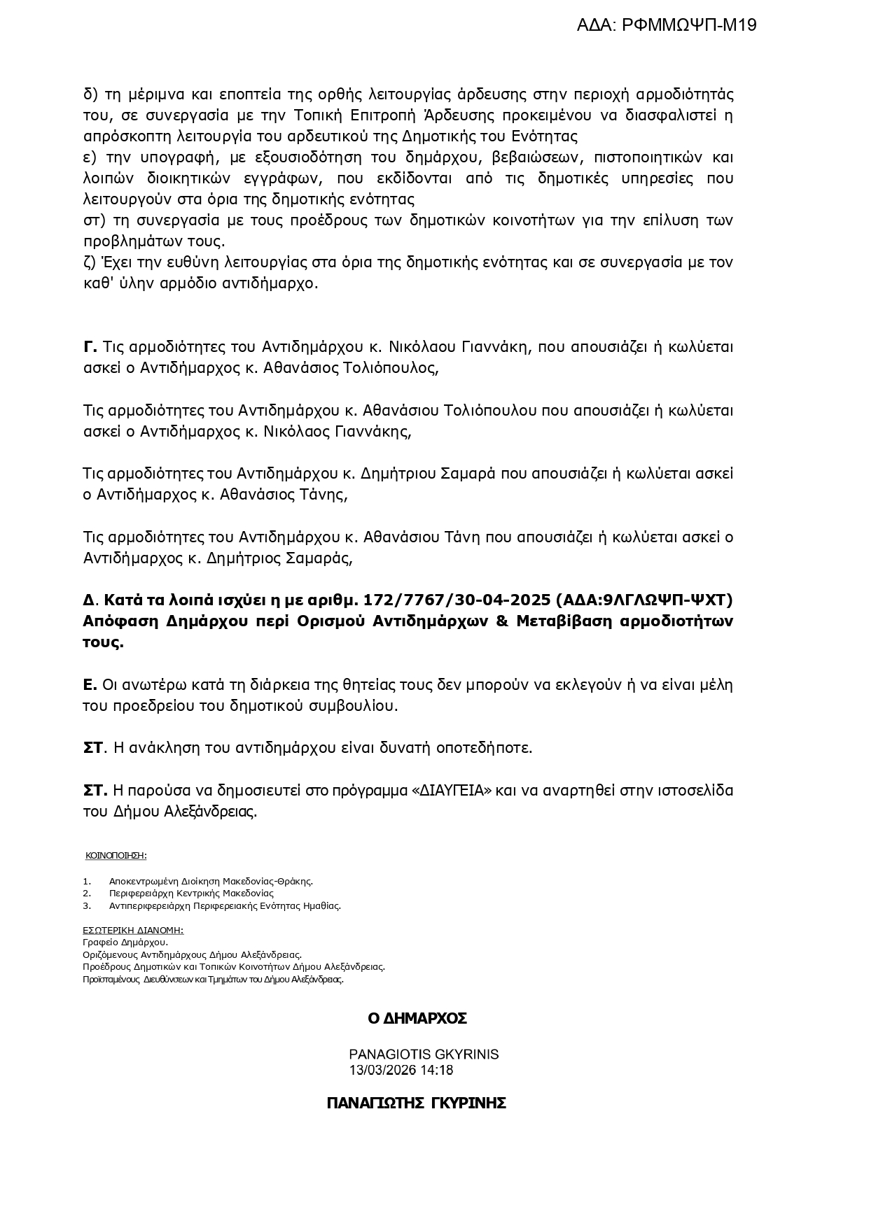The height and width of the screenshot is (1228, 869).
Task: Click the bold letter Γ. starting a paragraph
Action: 90,347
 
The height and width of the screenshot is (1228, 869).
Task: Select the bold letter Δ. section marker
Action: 89,600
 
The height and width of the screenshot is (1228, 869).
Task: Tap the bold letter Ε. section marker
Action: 89,684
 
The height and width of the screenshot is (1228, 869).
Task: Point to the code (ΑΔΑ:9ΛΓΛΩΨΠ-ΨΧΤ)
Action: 644,600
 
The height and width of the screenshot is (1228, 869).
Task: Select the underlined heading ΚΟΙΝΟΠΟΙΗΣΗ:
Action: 116,855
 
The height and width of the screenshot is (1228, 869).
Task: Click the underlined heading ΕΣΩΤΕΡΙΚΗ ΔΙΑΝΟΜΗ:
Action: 133,930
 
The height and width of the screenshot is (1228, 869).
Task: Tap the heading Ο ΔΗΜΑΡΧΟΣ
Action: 417,1019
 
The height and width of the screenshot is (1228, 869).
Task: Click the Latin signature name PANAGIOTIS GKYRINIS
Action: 424,1054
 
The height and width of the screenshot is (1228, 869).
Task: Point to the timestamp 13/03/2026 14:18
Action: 401,1071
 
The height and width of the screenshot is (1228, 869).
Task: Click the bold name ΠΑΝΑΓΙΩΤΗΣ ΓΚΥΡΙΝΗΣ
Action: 416,1103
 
